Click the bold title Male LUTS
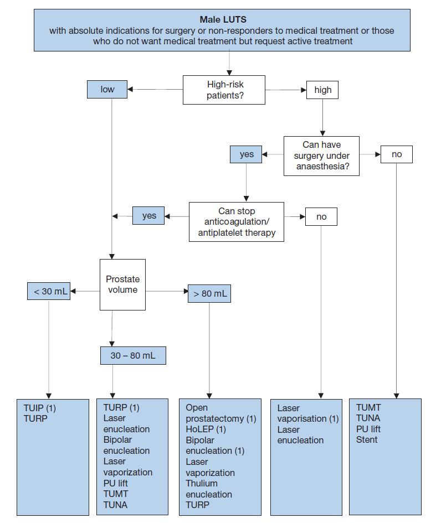(223, 20)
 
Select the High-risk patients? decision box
(224, 90)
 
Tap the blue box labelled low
(107, 90)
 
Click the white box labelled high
(322, 90)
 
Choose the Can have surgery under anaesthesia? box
(321, 156)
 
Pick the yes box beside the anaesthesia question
(246, 154)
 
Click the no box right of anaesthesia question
(397, 154)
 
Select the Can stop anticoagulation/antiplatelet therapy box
(237, 222)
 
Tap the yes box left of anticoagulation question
(148, 215)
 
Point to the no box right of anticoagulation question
(321, 217)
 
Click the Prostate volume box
(123, 285)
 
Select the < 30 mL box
(49, 291)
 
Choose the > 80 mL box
(209, 293)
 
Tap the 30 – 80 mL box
(133, 355)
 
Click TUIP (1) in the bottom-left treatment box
(40, 408)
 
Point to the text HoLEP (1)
(206, 429)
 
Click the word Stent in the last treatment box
(367, 439)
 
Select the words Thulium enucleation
(209, 489)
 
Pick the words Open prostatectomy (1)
(220, 413)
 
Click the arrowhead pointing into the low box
(130, 90)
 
